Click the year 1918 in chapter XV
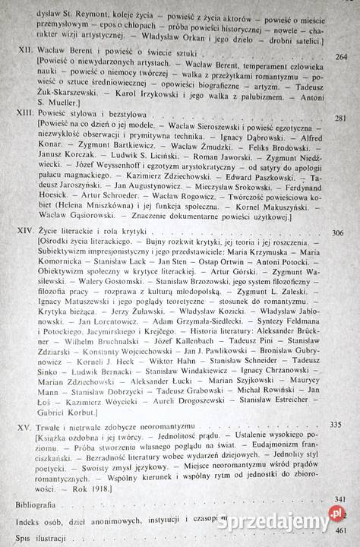point(126,489)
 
